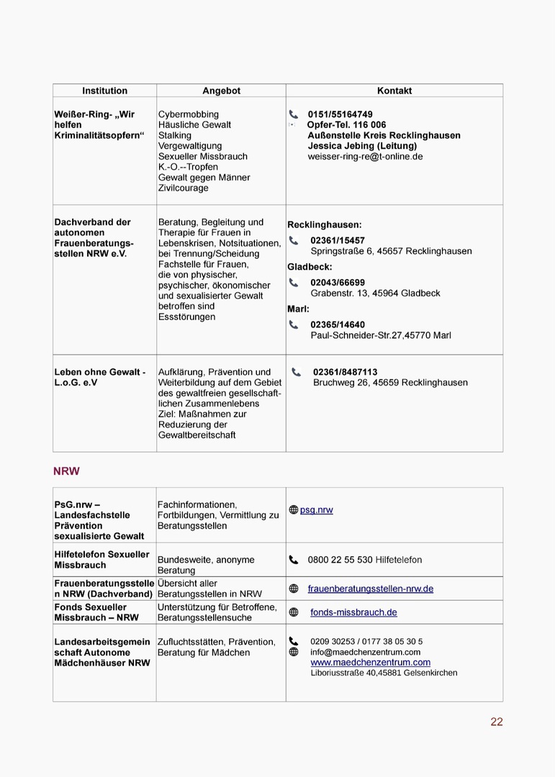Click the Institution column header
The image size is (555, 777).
click(x=104, y=91)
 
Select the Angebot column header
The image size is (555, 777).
click(x=221, y=91)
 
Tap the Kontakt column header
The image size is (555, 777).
click(x=394, y=91)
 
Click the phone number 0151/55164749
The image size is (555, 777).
click(x=340, y=114)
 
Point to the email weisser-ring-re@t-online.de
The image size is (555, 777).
click(x=365, y=156)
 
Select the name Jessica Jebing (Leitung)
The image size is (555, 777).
click(x=362, y=145)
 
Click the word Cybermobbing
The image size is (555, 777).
click(x=189, y=114)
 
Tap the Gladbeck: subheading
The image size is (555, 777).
click(x=310, y=267)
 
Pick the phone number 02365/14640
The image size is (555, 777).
click(x=338, y=324)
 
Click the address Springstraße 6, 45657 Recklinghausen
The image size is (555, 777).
click(x=391, y=251)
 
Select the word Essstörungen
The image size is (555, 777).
click(x=186, y=317)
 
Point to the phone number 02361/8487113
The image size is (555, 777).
click(x=345, y=372)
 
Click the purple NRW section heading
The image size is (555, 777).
click(x=66, y=471)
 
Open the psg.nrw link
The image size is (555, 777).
click(x=316, y=510)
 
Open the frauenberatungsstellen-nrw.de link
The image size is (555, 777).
click(x=370, y=589)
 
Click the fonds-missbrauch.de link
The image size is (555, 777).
click(x=353, y=612)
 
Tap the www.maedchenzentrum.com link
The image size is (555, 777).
click(x=370, y=662)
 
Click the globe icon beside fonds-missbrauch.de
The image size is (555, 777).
click(x=294, y=612)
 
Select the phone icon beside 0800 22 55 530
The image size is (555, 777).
click(x=294, y=560)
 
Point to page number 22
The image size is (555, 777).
click(x=496, y=722)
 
